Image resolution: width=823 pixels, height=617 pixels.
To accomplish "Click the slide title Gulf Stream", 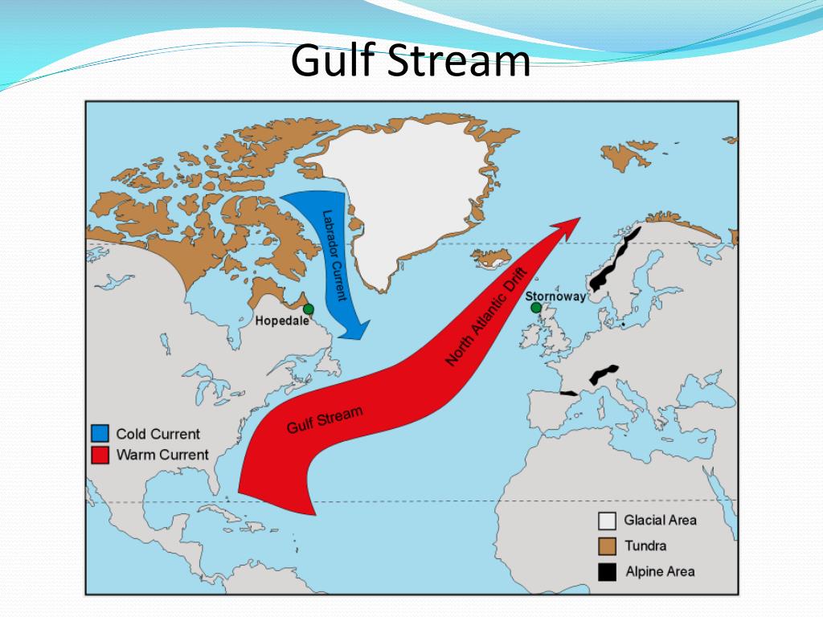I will coord(411,62).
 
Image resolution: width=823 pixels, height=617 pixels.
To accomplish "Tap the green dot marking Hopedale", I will coord(308,308).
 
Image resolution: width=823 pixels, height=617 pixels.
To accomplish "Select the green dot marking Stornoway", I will coord(536,308).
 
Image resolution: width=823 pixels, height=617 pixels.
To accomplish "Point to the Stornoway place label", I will coord(555,296).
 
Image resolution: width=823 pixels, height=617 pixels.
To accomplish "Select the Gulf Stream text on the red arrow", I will coord(325,419).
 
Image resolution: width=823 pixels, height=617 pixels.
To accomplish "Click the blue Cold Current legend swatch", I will coord(100,434).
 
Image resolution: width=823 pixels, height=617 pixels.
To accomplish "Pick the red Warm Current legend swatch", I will coord(100,455).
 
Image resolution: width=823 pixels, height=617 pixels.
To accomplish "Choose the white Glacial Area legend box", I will coord(607,521).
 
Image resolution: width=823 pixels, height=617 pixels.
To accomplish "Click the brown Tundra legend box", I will coord(607,546).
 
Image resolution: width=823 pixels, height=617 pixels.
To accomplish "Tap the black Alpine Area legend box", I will coord(607,572).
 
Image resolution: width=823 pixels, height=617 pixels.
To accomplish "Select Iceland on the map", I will coord(493,259).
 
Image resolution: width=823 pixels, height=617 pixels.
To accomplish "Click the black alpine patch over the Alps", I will coord(604,374).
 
